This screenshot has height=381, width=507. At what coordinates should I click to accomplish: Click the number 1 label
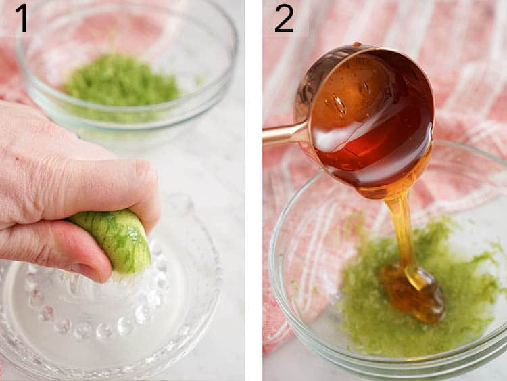click(22, 18)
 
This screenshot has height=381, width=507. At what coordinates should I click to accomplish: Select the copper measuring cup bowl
click(365, 115)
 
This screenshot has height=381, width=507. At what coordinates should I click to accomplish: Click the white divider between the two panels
click(254, 190)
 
